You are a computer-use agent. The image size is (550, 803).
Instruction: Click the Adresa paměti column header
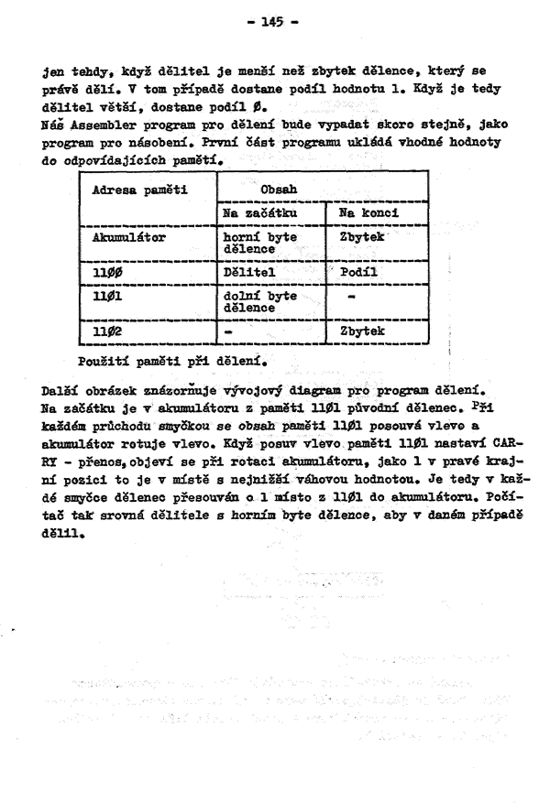tap(135, 190)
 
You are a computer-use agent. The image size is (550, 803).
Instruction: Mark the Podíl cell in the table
tap(358, 272)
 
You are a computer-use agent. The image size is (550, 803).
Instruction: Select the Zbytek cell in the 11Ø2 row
tap(361, 331)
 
